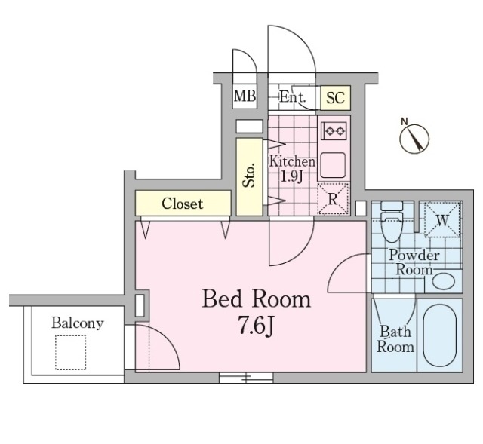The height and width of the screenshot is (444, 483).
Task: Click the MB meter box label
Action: click(x=245, y=96)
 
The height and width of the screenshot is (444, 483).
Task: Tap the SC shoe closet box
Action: click(x=335, y=98)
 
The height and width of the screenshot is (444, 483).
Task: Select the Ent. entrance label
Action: click(x=293, y=97)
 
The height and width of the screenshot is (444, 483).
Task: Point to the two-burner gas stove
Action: click(x=334, y=131)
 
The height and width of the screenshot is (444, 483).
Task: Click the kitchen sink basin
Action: click(x=333, y=164)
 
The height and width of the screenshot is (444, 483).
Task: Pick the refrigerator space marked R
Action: click(x=334, y=199)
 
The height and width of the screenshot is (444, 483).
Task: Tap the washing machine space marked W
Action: click(x=442, y=219)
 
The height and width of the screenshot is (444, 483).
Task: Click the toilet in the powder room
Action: click(x=392, y=221)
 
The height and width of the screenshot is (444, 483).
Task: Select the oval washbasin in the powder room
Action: click(x=443, y=281)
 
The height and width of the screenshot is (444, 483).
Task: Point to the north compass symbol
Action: click(x=414, y=137)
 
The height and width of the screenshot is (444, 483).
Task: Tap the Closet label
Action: click(x=183, y=204)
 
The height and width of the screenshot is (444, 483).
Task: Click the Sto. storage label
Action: click(x=249, y=175)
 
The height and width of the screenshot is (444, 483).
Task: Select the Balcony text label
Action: click(x=77, y=323)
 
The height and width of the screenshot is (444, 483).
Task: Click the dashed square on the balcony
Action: click(x=70, y=353)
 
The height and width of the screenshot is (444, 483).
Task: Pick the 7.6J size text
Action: click(x=255, y=326)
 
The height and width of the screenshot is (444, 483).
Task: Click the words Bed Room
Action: click(x=257, y=299)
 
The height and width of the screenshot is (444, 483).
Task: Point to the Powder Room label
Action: click(x=414, y=262)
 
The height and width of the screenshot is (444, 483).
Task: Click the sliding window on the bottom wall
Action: click(x=246, y=378)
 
